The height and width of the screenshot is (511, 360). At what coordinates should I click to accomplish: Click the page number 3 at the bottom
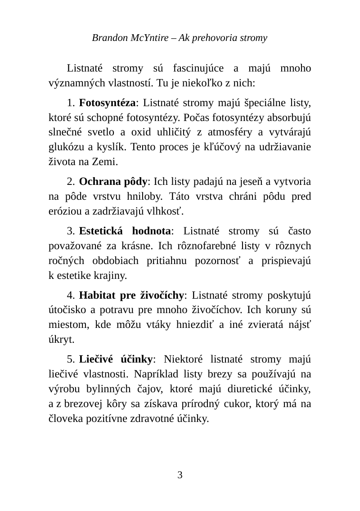(180, 475)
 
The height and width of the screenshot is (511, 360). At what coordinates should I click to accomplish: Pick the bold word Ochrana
(96, 182)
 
